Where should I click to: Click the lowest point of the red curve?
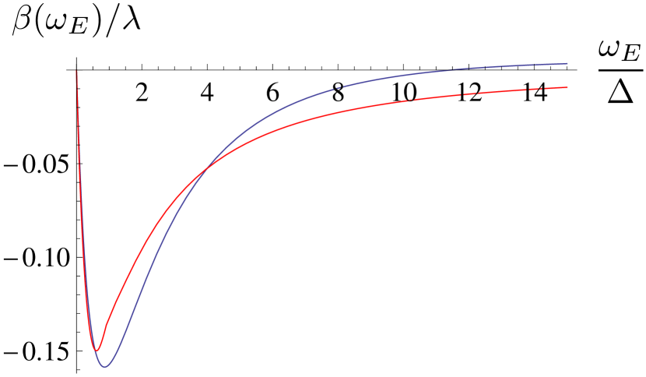[97, 350]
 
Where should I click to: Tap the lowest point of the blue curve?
[105, 366]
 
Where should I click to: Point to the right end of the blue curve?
[567, 63]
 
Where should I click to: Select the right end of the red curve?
[567, 87]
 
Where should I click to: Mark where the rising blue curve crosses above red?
[204, 171]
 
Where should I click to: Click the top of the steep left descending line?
[76, 72]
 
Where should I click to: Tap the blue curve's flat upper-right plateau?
[483, 68]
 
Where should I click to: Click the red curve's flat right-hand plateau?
[483, 92]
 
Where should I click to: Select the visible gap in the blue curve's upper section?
[338, 90]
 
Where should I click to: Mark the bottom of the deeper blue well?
[105, 366]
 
